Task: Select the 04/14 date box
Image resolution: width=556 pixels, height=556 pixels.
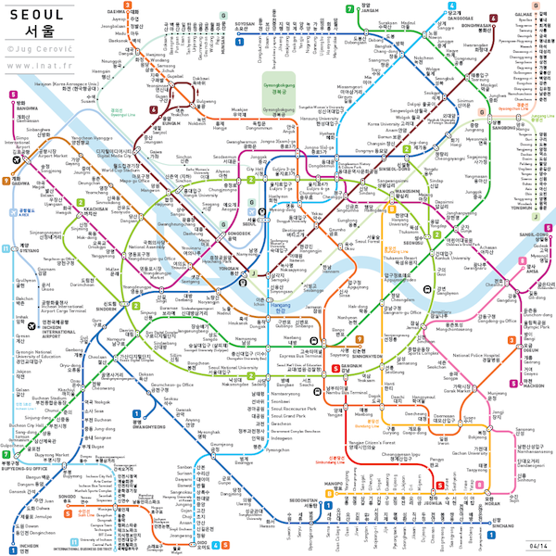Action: [x=536, y=545]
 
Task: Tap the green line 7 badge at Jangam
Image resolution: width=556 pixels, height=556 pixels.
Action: [x=348, y=8]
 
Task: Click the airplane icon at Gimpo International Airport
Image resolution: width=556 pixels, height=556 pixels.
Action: [x=16, y=158]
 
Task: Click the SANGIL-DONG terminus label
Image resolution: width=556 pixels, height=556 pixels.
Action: [x=535, y=236]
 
